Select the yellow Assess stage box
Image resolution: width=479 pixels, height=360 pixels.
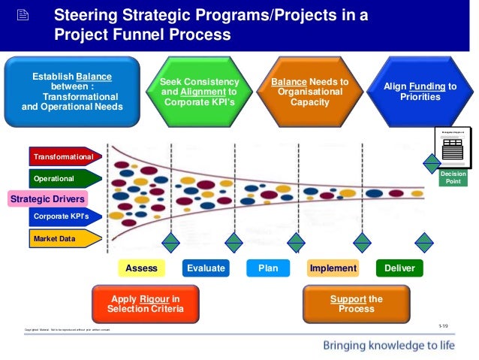pyautogui.click(x=141, y=268)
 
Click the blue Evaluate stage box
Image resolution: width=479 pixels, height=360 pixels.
pyautogui.click(x=205, y=268)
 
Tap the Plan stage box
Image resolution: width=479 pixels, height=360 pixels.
pyautogui.click(x=268, y=268)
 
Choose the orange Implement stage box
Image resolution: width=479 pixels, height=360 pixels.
pyautogui.click(x=333, y=268)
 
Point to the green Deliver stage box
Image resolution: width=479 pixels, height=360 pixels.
pyautogui.click(x=399, y=268)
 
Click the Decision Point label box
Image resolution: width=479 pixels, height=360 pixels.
pyautogui.click(x=453, y=177)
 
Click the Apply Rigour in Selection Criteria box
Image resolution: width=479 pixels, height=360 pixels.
pyautogui.click(x=144, y=304)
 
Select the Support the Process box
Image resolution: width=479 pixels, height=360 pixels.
pyautogui.click(x=357, y=304)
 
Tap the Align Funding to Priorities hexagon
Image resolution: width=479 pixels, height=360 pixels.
pyautogui.click(x=420, y=92)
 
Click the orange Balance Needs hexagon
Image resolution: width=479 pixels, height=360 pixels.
pyautogui.click(x=309, y=92)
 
